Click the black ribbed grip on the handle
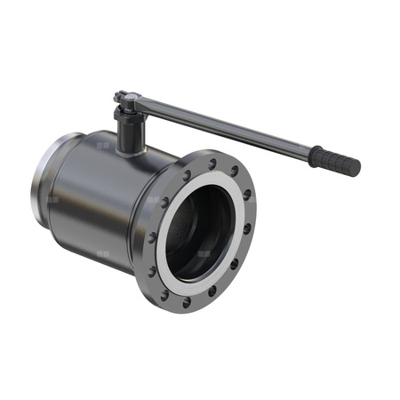pyautogui.click(x=336, y=161)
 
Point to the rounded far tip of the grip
pyautogui.click(x=356, y=168)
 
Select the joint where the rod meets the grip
pyautogui.click(x=313, y=152)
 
